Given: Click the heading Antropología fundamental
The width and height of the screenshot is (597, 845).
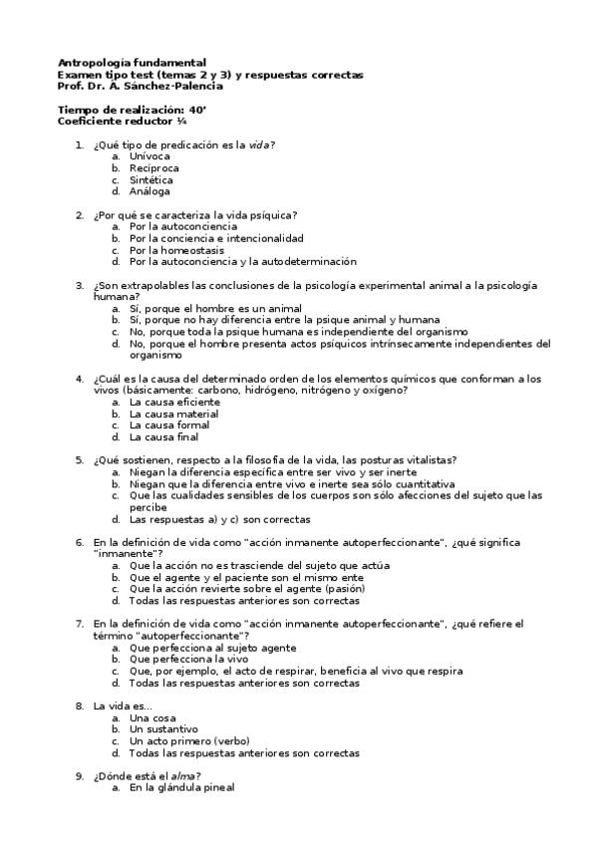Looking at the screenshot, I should tap(133, 62).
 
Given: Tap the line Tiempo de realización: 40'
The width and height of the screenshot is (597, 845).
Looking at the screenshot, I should tap(132, 110).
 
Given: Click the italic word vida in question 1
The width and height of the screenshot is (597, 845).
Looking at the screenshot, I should tap(259, 144).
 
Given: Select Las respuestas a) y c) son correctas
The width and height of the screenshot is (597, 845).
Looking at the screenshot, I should tap(220, 519).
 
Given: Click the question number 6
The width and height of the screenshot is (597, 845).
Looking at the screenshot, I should tap(79, 542).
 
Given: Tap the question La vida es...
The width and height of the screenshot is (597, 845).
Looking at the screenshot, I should tap(123, 705).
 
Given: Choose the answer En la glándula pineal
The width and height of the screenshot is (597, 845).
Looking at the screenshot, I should tap(181, 788).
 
